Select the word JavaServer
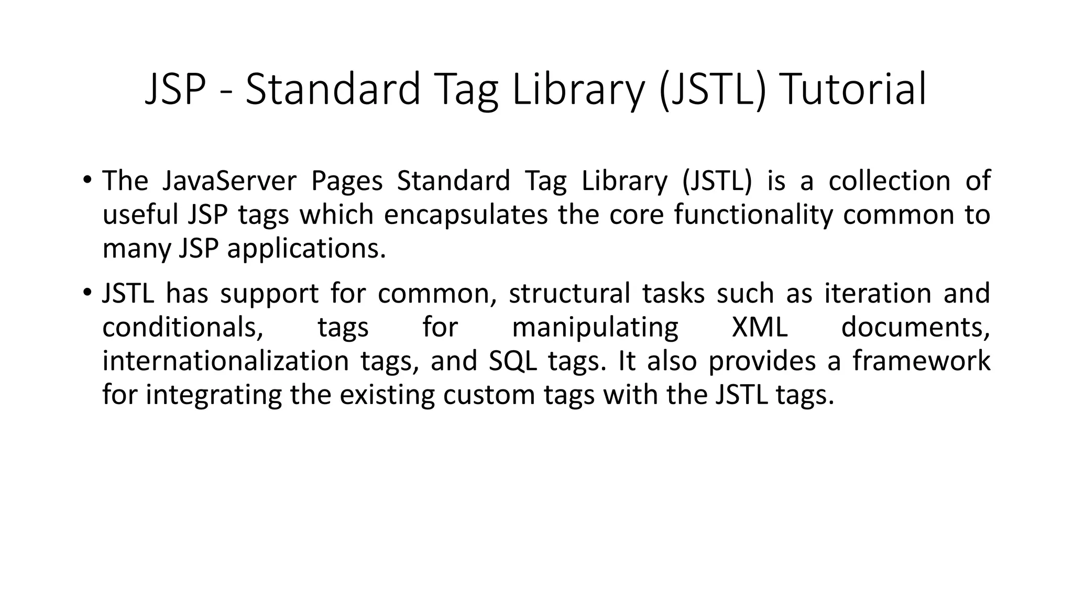[x=229, y=181]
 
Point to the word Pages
[x=347, y=181]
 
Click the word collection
[x=889, y=181]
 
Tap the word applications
[x=306, y=249]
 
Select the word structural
[x=570, y=294]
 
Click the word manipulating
[x=595, y=328]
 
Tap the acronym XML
[x=760, y=328]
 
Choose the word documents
[x=915, y=328]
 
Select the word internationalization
[x=225, y=361]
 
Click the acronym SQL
[x=513, y=361]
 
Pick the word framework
[x=921, y=361]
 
